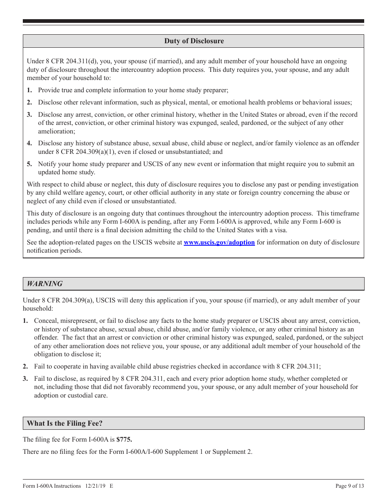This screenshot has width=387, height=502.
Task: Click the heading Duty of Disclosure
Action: click(x=194, y=41)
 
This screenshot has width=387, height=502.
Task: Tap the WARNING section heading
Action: click(x=45, y=284)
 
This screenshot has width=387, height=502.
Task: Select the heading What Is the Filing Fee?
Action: click(x=64, y=423)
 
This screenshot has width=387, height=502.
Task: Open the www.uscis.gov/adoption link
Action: click(x=219, y=242)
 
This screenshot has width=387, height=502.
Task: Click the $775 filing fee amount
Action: click(x=124, y=440)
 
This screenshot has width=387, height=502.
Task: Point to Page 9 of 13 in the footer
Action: click(x=350, y=486)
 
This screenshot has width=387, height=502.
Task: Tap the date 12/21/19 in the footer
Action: click(x=95, y=486)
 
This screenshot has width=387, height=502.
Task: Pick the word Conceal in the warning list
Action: click(x=46, y=321)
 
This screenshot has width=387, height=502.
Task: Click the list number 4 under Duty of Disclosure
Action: click(x=29, y=143)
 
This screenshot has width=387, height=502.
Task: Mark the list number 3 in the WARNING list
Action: click(x=25, y=379)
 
